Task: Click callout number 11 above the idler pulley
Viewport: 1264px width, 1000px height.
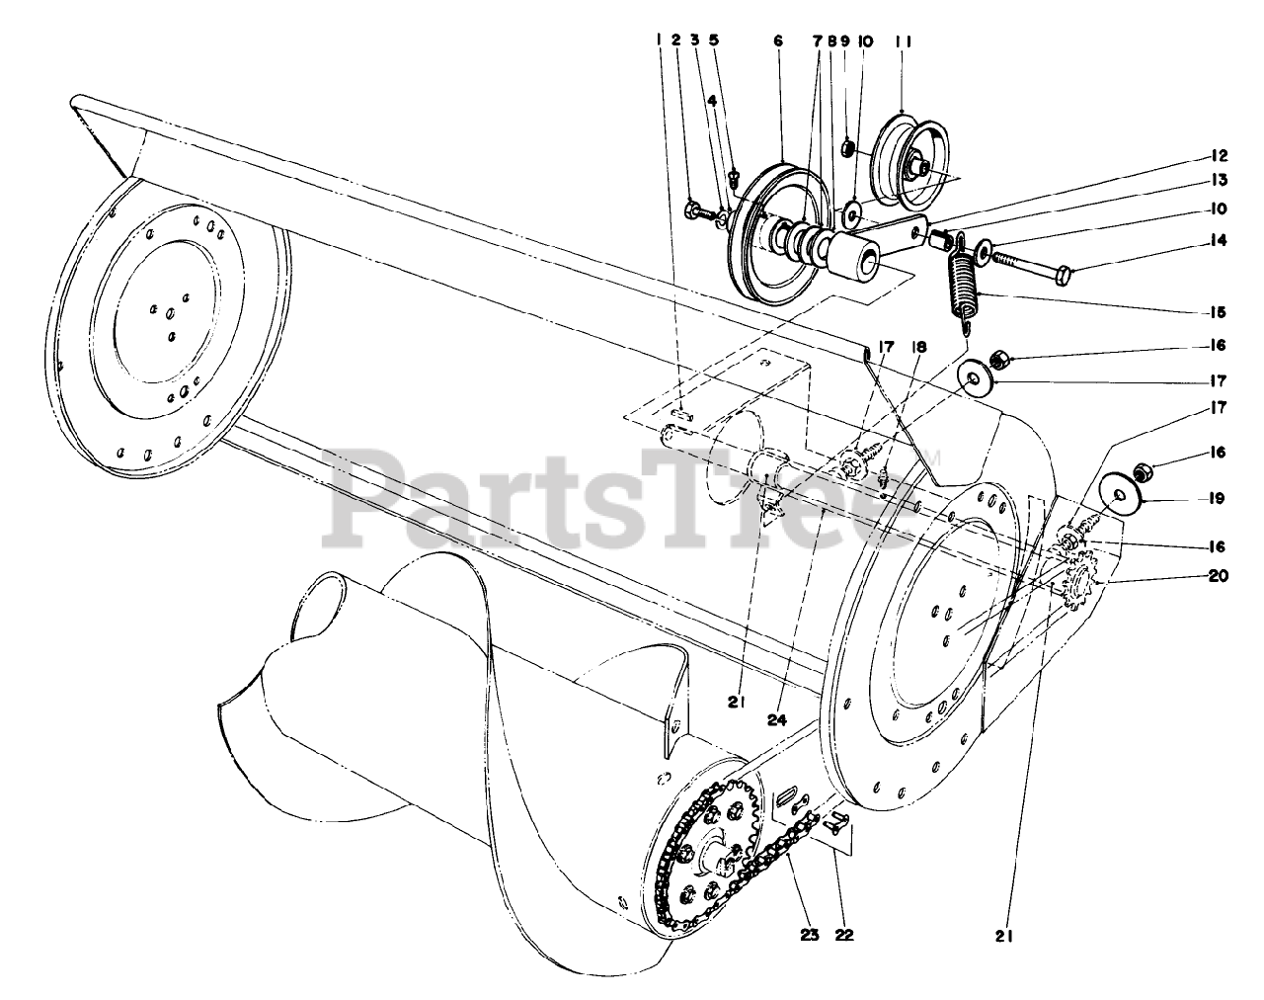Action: (x=903, y=42)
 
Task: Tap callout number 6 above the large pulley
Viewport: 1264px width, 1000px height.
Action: (x=777, y=42)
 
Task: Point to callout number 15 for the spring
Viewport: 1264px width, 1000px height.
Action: (x=1219, y=312)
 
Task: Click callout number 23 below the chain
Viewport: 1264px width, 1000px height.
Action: (x=810, y=936)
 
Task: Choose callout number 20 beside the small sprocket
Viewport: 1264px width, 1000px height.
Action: (x=1219, y=577)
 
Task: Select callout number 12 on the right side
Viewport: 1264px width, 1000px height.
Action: (x=1219, y=155)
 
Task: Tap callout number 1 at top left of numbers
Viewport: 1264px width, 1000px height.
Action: (x=657, y=42)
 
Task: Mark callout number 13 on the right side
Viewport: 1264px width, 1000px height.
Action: (x=1219, y=181)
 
